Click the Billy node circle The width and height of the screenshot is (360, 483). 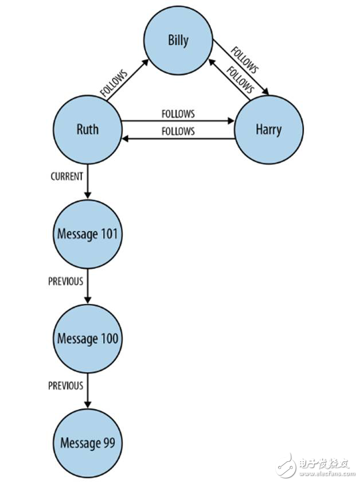pyautogui.click(x=178, y=41)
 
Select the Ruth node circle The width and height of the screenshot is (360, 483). pyautogui.click(x=87, y=129)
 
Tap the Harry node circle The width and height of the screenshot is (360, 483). pyautogui.click(x=268, y=129)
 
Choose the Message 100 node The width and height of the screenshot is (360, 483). pyautogui.click(x=88, y=338)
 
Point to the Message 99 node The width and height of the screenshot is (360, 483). pyautogui.click(x=88, y=443)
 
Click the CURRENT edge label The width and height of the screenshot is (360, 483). pyautogui.click(x=66, y=176)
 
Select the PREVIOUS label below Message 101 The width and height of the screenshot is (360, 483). pyautogui.click(x=65, y=281)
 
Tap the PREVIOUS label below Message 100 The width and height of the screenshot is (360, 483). pyautogui.click(x=65, y=385)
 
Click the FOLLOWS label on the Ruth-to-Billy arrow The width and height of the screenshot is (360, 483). pyautogui.click(x=114, y=83)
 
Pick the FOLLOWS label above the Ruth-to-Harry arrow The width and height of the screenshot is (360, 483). pyautogui.click(x=178, y=114)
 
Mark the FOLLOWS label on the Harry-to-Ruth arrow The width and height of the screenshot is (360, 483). pyautogui.click(x=178, y=131)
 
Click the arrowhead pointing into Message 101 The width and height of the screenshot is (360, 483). pyautogui.click(x=88, y=196)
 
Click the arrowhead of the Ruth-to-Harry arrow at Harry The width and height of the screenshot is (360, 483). pyautogui.click(x=231, y=121)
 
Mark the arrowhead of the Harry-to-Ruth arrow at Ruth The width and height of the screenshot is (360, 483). pyautogui.click(x=124, y=139)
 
